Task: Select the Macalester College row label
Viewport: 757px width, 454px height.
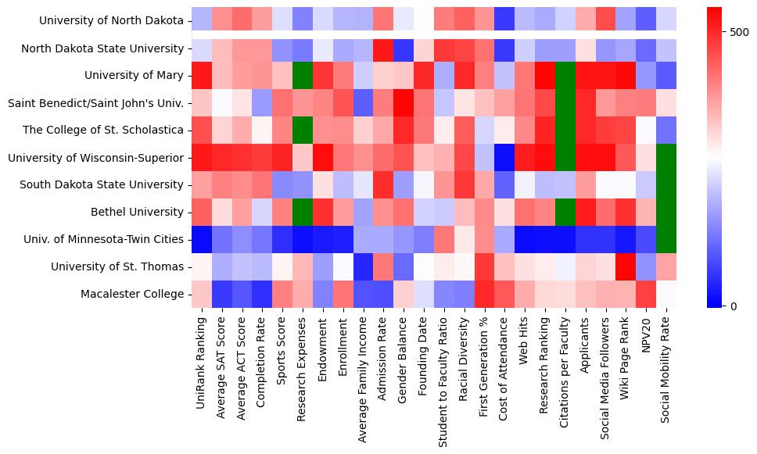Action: [133, 294]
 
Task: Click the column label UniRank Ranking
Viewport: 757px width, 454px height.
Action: [202, 360]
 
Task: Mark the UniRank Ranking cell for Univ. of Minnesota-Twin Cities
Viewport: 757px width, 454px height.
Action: [201, 239]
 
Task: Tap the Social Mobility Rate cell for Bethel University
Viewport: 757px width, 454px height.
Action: [666, 212]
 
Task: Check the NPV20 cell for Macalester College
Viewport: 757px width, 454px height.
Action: [646, 294]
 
